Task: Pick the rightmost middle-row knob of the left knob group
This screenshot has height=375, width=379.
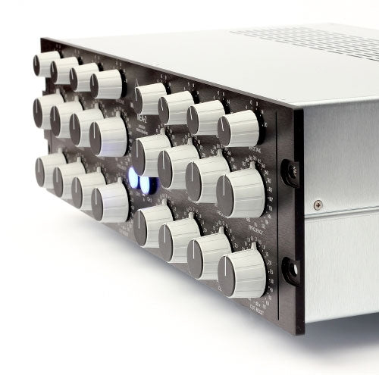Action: click(109, 136)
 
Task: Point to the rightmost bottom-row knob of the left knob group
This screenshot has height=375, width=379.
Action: click(111, 202)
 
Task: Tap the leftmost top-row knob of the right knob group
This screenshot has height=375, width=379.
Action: click(150, 98)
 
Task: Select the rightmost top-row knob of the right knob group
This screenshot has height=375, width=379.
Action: click(240, 129)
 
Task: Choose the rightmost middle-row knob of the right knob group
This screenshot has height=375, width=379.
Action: click(240, 194)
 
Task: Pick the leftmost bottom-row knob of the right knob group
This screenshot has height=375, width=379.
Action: click(152, 226)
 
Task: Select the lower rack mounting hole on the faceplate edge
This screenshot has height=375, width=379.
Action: click(290, 270)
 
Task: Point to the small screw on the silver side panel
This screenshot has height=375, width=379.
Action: click(318, 205)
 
